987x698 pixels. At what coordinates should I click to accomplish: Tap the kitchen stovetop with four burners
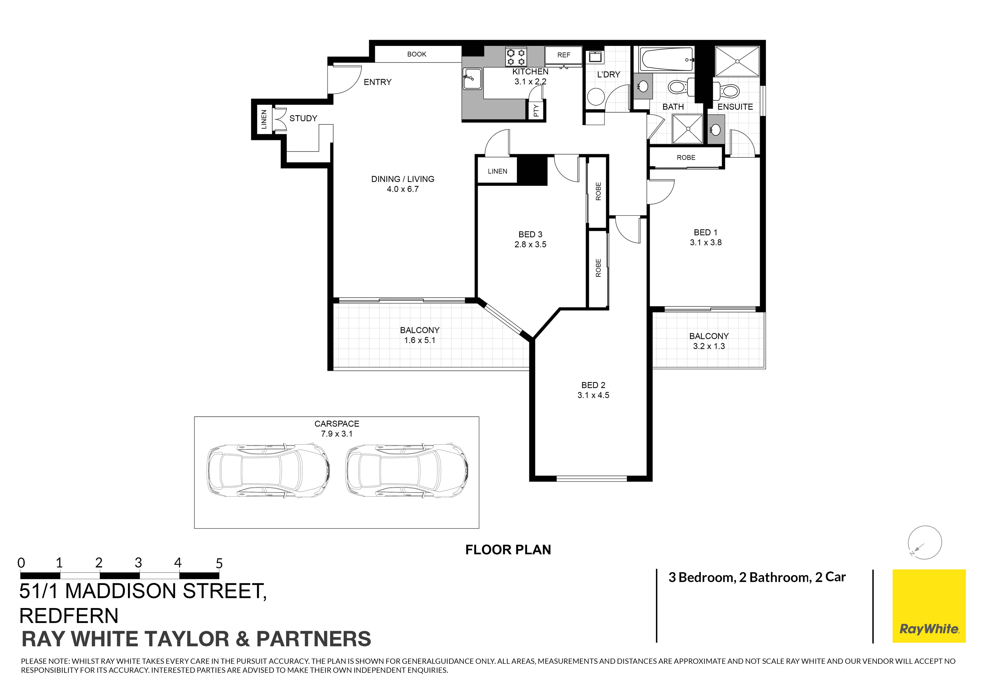point(516,57)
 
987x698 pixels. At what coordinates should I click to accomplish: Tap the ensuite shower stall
point(737,61)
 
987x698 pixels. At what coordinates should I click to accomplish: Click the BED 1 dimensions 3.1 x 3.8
point(706,242)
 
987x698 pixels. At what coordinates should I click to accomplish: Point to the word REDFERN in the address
point(69,616)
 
